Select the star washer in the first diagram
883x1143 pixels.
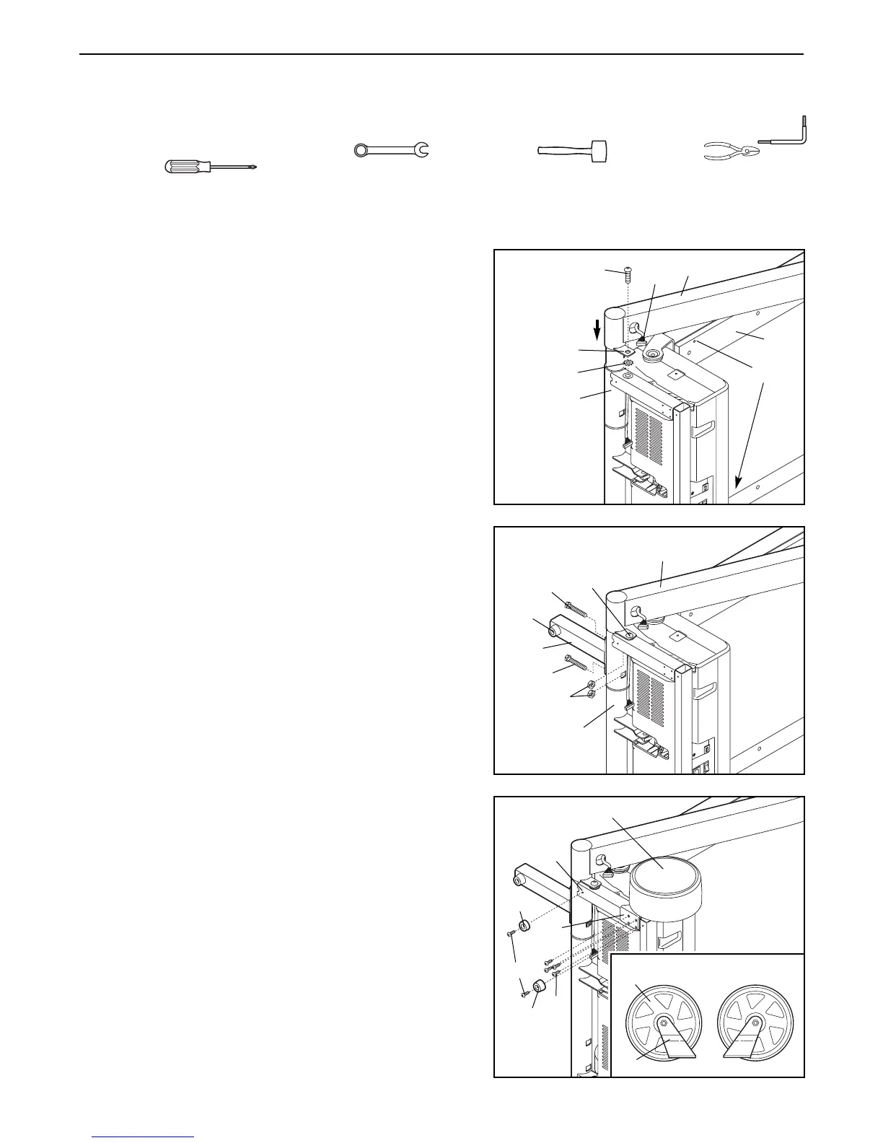click(628, 362)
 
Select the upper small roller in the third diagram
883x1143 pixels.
click(524, 926)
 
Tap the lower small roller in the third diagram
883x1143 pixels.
click(539, 988)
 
